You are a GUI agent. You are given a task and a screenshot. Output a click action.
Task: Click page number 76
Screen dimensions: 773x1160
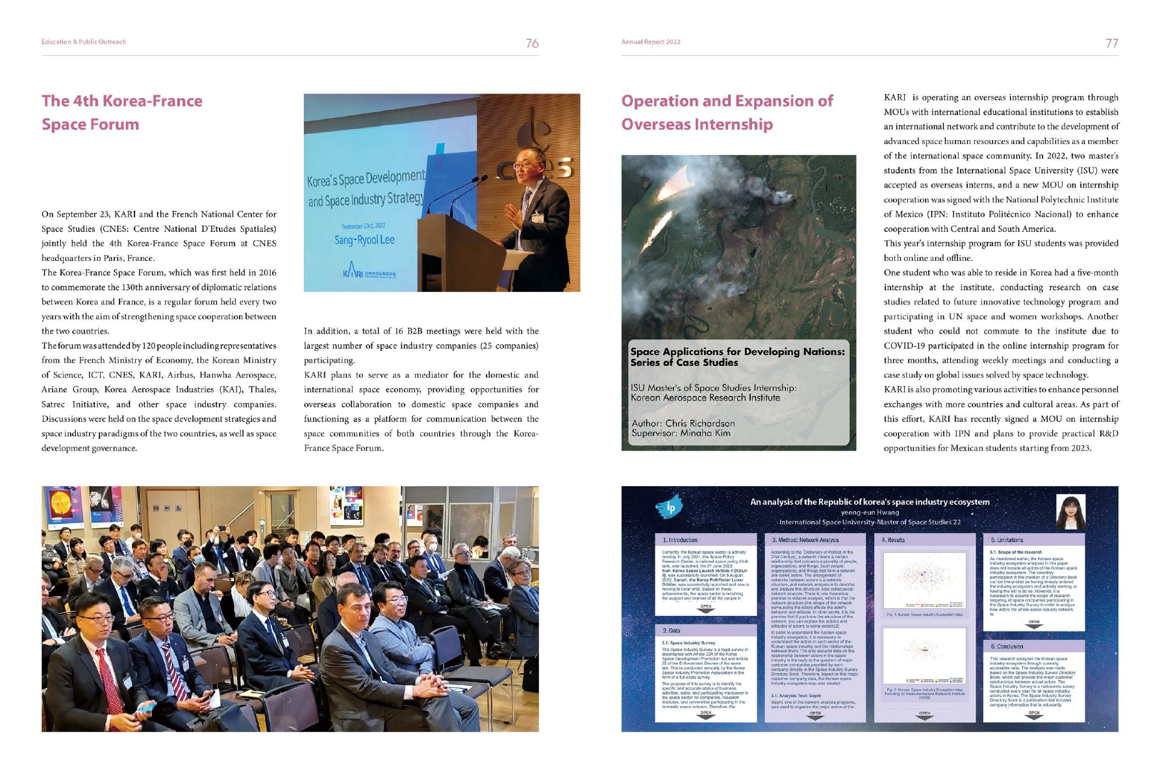coord(532,43)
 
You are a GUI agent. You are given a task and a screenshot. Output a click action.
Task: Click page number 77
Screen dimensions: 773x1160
coord(1111,43)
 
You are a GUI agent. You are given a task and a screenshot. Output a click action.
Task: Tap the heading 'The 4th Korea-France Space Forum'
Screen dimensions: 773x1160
coord(122,112)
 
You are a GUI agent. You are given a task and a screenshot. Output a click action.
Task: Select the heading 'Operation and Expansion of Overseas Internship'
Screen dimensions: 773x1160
coord(727,112)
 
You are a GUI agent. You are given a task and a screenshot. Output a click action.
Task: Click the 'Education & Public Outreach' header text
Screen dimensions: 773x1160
coord(84,42)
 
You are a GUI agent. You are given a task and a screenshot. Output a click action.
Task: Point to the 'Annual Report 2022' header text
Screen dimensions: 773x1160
coord(651,42)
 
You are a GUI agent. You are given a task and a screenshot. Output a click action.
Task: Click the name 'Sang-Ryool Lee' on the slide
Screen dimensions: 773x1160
coord(364,240)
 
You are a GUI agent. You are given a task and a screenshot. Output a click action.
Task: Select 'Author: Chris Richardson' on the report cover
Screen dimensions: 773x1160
coord(683,423)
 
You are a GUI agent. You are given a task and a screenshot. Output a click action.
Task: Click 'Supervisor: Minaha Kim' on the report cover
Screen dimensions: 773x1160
coord(681,433)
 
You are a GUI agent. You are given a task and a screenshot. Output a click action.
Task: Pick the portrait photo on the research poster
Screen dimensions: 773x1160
coord(1070,512)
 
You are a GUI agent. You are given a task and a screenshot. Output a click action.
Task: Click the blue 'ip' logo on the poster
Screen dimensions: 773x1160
coord(669,507)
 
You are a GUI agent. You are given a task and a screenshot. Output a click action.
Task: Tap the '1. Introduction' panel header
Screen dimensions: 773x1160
coord(681,540)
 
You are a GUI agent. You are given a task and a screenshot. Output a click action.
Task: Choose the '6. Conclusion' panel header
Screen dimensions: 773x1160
coord(1007,646)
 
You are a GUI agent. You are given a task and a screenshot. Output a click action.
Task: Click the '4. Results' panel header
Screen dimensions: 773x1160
coord(893,540)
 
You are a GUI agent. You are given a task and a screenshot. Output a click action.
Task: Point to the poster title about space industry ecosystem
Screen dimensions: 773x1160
coord(870,502)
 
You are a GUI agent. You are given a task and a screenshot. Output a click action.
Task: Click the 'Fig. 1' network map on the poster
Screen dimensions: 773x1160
coord(924,580)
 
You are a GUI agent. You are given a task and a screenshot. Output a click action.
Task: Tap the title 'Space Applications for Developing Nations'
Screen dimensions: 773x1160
coord(737,357)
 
